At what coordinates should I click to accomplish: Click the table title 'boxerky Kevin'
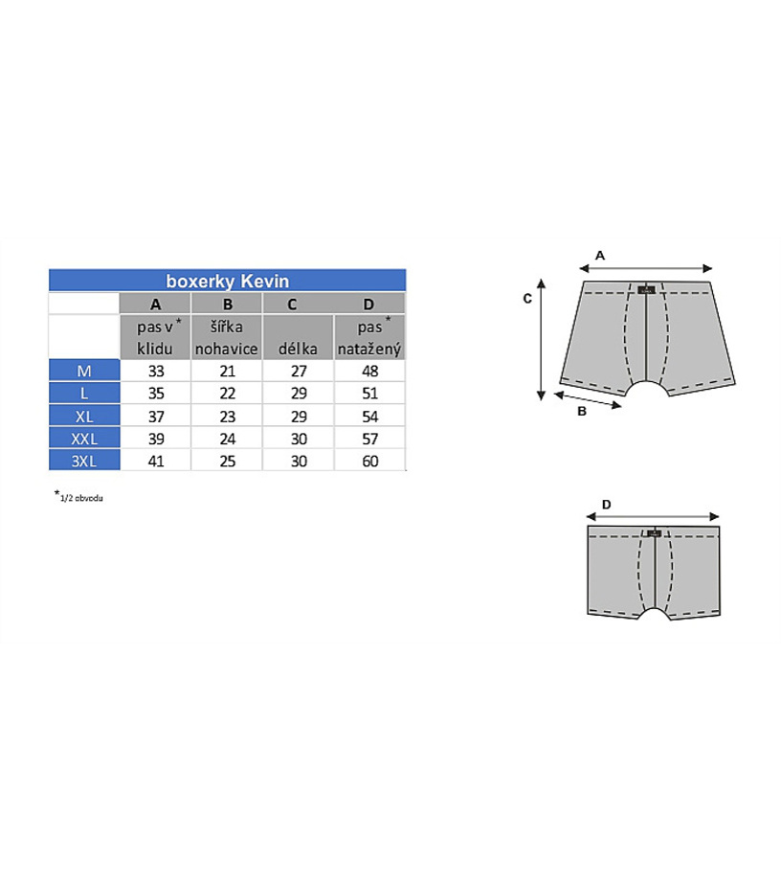[x=228, y=281]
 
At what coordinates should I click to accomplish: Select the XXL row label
[x=84, y=439]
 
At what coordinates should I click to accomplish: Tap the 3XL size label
[x=84, y=461]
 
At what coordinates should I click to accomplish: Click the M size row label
[x=84, y=371]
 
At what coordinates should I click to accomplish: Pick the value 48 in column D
[x=370, y=371]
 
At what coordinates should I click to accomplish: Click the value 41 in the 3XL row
[x=156, y=461]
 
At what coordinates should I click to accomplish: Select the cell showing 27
[x=299, y=371]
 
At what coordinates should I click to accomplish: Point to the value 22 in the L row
[x=228, y=394]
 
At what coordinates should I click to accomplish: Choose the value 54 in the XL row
[x=370, y=417]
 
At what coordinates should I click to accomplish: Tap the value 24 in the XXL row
[x=228, y=439]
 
